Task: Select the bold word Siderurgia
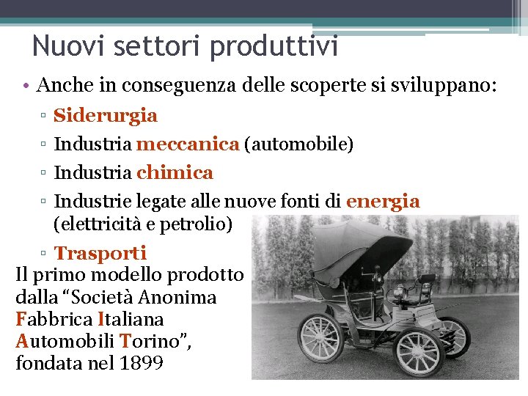pos(106,116)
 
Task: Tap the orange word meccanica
pos(188,144)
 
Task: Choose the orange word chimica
pos(175,173)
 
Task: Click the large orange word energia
pos(382,202)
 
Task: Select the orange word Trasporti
pos(100,254)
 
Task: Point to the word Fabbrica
pos(53,320)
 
